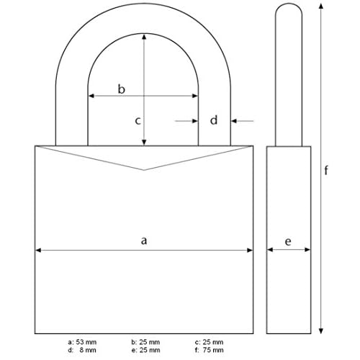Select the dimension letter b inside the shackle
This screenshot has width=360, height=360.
(x=122, y=89)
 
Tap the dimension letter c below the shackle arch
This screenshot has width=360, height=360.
(x=138, y=121)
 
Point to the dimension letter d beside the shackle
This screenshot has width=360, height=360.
(x=213, y=121)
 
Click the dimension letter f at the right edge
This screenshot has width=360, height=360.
(x=326, y=171)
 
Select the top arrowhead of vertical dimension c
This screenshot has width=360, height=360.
(x=145, y=36)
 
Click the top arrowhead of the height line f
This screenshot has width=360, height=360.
(x=314, y=6)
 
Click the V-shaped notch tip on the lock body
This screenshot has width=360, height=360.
(x=144, y=170)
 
